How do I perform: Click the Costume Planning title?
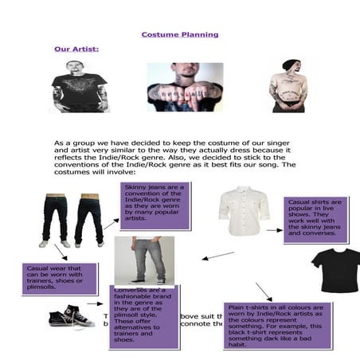coord(179,35)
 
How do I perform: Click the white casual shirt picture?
coord(244,210)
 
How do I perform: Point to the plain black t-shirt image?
coord(334,268)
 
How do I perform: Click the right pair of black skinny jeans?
coord(88,219)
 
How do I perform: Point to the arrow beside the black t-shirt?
coord(264,290)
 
